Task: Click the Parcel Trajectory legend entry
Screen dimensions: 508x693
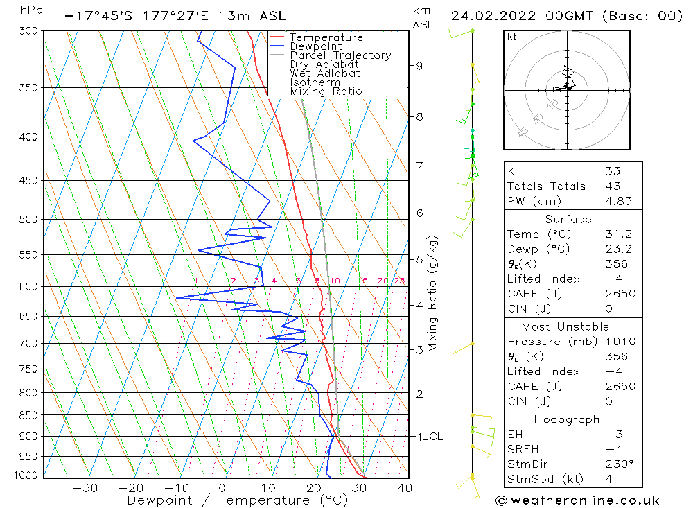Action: pyautogui.click(x=340, y=55)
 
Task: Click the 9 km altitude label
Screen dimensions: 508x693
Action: pyautogui.click(x=419, y=66)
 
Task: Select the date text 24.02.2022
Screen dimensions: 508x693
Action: pyautogui.click(x=490, y=16)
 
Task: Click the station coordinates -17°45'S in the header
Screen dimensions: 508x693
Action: pyautogui.click(x=97, y=16)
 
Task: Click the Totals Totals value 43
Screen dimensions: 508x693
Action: pyautogui.click(x=612, y=186)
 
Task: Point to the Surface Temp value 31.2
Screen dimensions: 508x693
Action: pyautogui.click(x=615, y=234)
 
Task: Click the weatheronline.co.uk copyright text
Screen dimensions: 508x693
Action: pyautogui.click(x=577, y=500)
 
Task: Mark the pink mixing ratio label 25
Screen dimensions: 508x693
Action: pyautogui.click(x=399, y=281)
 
